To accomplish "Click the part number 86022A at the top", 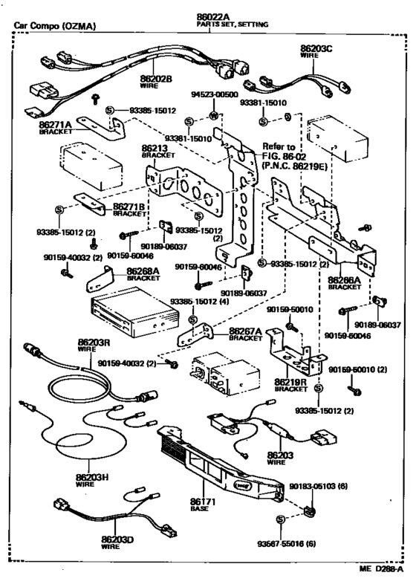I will point(212,16).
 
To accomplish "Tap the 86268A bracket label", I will point(142,272).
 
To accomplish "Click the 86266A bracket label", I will point(344,281).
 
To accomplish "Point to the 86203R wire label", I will point(94,343).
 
